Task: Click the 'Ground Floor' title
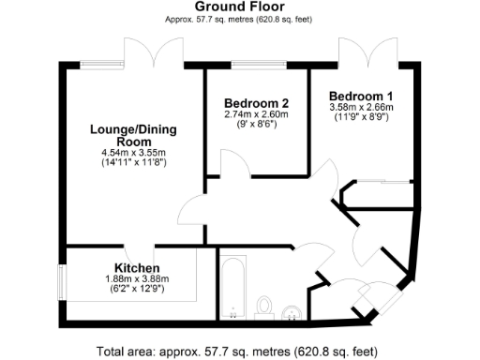(239, 7)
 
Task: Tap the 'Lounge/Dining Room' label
(133, 134)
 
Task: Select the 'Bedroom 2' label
(256, 102)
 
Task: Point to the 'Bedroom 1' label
(361, 97)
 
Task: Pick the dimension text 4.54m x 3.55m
(133, 153)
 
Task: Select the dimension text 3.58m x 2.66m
(361, 109)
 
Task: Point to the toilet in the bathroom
(264, 307)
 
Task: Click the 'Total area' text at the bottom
(239, 352)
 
